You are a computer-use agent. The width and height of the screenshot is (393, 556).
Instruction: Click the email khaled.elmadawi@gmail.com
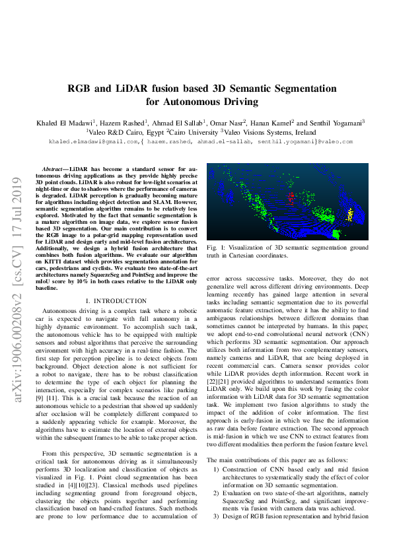pyautogui.click(x=93, y=142)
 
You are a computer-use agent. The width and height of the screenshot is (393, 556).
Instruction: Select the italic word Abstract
pyautogui.click(x=55, y=170)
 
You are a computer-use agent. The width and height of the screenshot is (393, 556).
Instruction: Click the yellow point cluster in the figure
pyautogui.click(x=351, y=214)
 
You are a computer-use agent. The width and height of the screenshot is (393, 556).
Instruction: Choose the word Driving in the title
pyautogui.click(x=238, y=102)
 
